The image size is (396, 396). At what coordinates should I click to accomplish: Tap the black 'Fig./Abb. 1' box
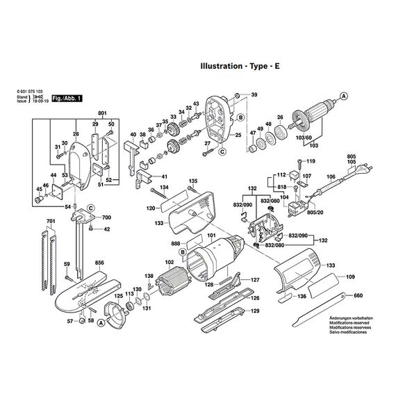point(67,99)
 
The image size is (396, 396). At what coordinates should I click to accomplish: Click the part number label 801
point(102,113)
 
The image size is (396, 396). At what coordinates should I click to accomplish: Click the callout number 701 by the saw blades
point(49,221)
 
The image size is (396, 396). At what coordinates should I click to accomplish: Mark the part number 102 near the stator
point(169,263)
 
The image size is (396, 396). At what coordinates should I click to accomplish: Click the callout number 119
point(311,161)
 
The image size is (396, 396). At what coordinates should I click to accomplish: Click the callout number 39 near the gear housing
point(254,94)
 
